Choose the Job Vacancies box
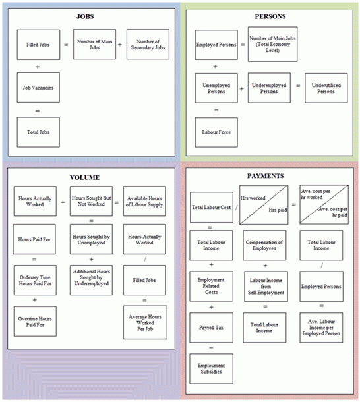38,87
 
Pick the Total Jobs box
38,132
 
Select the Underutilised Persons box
326,87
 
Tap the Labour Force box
216,132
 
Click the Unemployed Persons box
216,87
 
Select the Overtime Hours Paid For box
35,322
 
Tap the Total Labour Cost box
211,208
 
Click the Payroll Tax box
211,328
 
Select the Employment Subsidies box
211,370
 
